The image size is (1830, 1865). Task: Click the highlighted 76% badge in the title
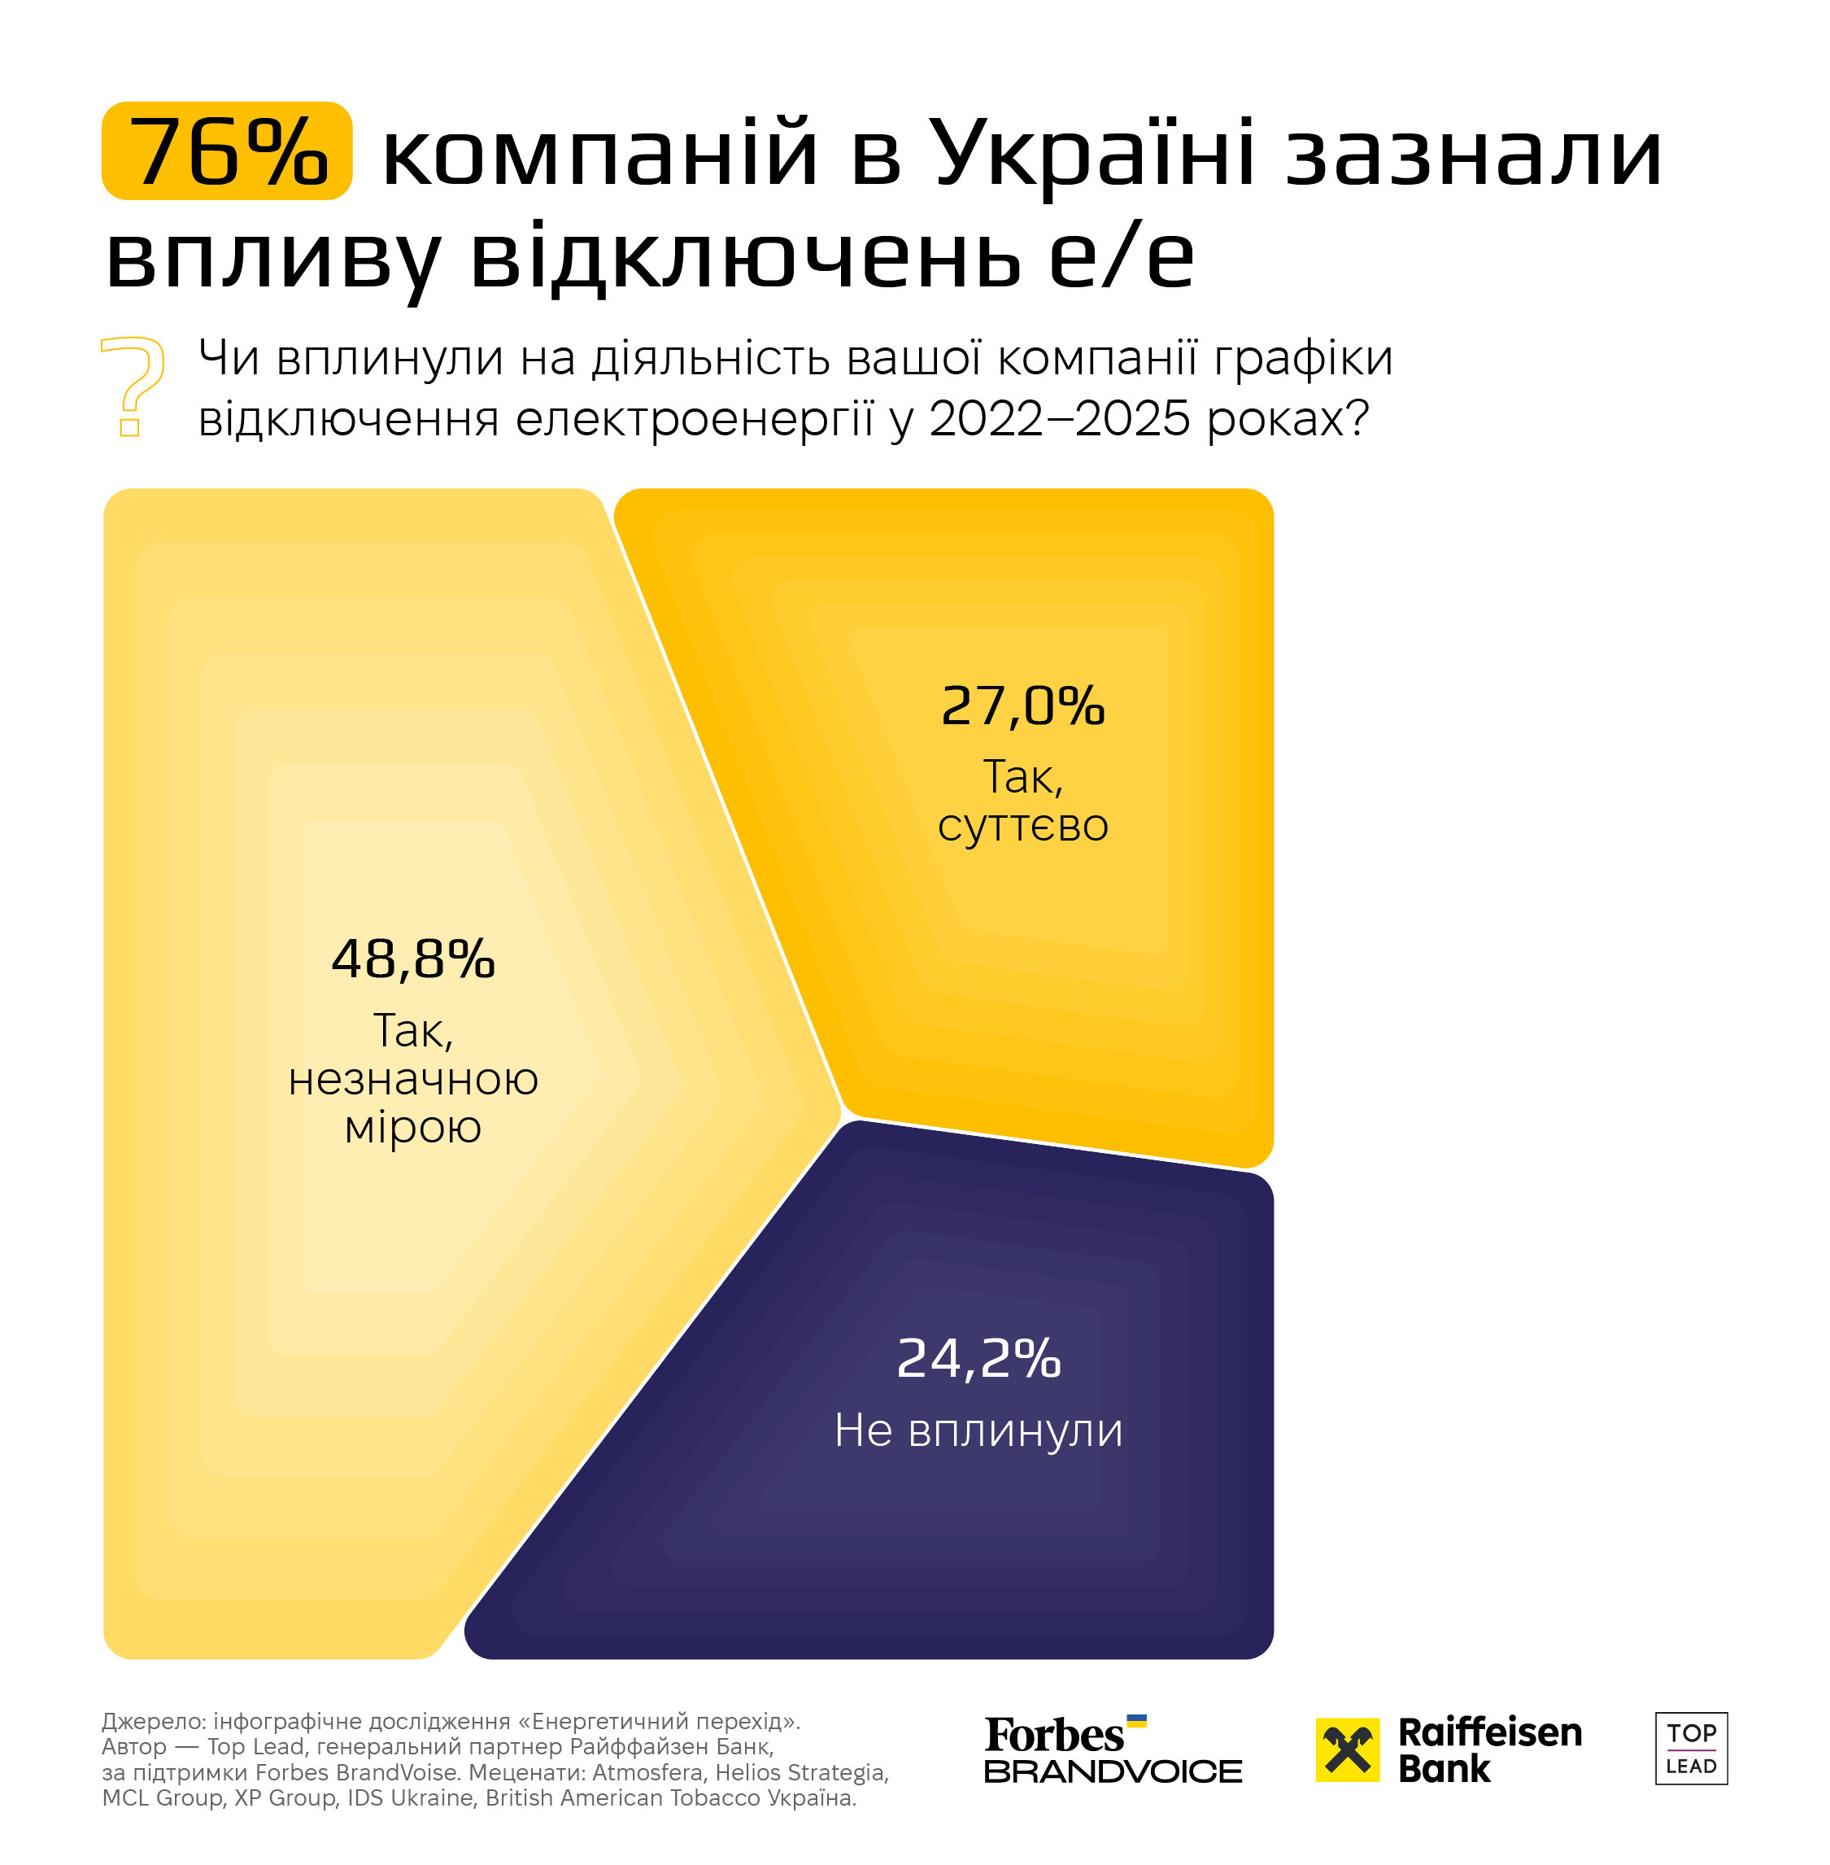click(227, 151)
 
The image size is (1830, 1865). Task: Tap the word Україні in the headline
click(1094, 154)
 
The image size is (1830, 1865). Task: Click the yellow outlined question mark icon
click(133, 387)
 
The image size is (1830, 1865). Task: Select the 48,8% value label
click(413, 959)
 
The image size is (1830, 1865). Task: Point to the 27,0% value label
click(1022, 706)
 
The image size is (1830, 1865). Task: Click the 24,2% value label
click(978, 1358)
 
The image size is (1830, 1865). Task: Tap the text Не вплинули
click(978, 1430)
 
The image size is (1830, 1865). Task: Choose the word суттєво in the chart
click(1022, 826)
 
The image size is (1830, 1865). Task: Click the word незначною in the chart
click(413, 1080)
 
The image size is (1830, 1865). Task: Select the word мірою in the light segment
click(413, 1127)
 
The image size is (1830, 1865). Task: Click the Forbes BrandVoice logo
click(1113, 1749)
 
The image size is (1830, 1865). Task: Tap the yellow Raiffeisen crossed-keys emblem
click(1348, 1749)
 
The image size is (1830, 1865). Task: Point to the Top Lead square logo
click(1691, 1749)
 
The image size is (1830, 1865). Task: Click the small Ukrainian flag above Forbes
click(1136, 1721)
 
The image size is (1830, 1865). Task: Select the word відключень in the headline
click(745, 258)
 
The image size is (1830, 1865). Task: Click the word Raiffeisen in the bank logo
click(1490, 1732)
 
